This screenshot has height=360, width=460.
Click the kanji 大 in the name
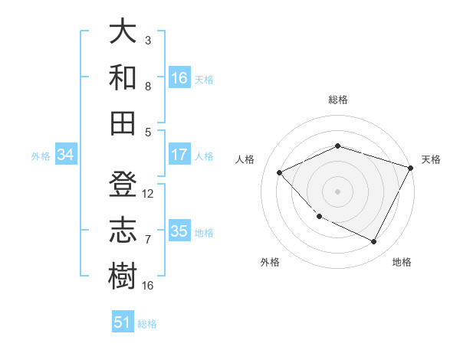click(123, 32)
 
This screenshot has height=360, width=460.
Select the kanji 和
click(123, 77)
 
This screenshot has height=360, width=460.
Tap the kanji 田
click(123, 123)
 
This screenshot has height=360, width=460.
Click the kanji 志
click(123, 231)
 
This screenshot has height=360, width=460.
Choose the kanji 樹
click(123, 276)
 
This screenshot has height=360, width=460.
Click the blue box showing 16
click(179, 77)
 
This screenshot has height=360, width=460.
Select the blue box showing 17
click(179, 155)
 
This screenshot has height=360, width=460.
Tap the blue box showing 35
click(179, 231)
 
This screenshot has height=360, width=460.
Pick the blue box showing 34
click(66, 155)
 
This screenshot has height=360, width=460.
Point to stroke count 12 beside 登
click(148, 194)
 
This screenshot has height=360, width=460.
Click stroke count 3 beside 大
click(148, 39)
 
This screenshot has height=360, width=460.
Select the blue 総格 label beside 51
click(147, 324)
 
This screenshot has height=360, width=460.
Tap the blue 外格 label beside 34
click(41, 156)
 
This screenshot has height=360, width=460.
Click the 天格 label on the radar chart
click(431, 159)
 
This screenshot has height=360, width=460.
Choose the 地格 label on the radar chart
click(402, 262)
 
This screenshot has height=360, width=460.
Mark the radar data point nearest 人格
click(280, 172)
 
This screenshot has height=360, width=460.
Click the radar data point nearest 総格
click(337, 146)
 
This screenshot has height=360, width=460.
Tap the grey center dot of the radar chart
click(337, 191)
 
